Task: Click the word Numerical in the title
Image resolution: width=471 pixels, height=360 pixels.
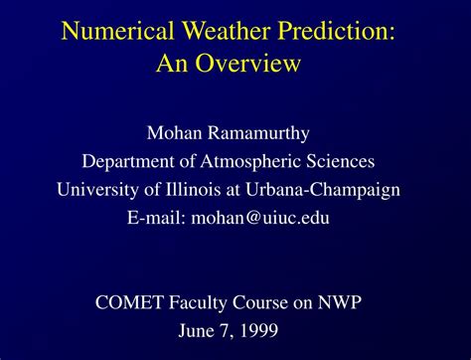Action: tap(112, 30)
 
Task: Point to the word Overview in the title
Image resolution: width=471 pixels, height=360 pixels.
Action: tap(252, 65)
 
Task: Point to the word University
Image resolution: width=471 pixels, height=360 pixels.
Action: tap(98, 190)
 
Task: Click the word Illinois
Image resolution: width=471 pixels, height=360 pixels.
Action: tap(202, 190)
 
